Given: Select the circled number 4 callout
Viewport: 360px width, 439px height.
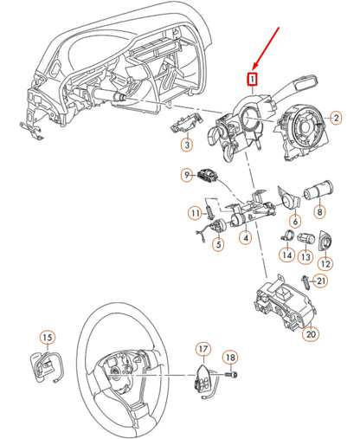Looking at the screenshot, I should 246,236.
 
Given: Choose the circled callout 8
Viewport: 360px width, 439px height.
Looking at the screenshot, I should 319,209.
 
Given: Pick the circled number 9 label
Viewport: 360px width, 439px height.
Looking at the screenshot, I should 186,176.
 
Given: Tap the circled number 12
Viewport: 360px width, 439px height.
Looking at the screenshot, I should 325,263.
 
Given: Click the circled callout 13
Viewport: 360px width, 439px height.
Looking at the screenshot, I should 305,256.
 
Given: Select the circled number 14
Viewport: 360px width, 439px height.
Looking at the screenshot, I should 286,255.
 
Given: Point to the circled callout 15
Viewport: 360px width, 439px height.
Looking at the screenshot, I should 47,337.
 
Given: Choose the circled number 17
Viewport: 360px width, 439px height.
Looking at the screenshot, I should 202,350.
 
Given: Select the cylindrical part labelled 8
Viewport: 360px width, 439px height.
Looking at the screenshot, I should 324,188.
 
